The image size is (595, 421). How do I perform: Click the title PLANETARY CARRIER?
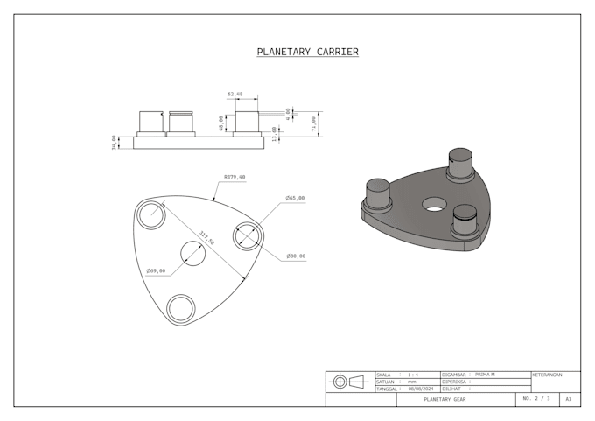point(307,52)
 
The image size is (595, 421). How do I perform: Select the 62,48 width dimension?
point(234,94)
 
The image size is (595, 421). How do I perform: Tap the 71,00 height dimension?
point(313,123)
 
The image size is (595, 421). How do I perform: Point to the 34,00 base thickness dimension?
point(115,141)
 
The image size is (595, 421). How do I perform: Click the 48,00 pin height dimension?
point(220,123)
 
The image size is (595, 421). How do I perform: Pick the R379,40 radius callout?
point(234,177)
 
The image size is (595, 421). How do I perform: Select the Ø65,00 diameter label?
point(295,198)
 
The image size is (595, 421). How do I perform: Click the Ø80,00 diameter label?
point(295,256)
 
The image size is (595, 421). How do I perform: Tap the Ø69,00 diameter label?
point(156,270)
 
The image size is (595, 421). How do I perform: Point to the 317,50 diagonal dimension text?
point(206,236)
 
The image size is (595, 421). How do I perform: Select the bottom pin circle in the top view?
point(181,308)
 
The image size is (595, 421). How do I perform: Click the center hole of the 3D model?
point(433,204)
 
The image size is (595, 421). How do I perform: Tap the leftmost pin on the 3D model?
point(377,193)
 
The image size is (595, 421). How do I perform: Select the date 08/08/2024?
point(420,389)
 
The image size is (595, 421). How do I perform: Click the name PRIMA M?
point(485,375)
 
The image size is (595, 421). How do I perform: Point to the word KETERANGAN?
point(547,375)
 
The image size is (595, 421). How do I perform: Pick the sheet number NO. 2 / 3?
point(536,399)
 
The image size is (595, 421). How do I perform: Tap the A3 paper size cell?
point(569,399)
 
